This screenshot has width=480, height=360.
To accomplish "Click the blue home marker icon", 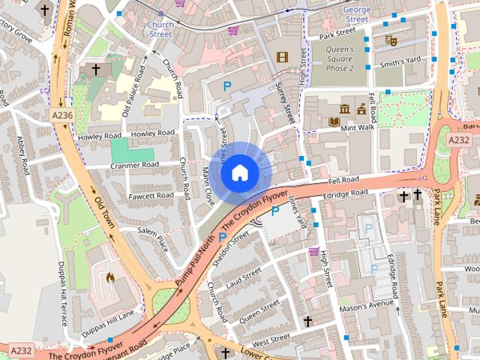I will point(239,172).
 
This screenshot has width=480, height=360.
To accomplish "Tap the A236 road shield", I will point(63,115).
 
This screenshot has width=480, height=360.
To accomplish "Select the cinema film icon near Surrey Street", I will point(281,57).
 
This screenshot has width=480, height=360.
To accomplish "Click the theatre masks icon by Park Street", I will point(389,40).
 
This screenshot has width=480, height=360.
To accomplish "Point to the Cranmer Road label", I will point(135,165).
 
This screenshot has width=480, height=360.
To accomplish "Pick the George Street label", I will point(356,14).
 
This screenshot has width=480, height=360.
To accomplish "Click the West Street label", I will point(271,338).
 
